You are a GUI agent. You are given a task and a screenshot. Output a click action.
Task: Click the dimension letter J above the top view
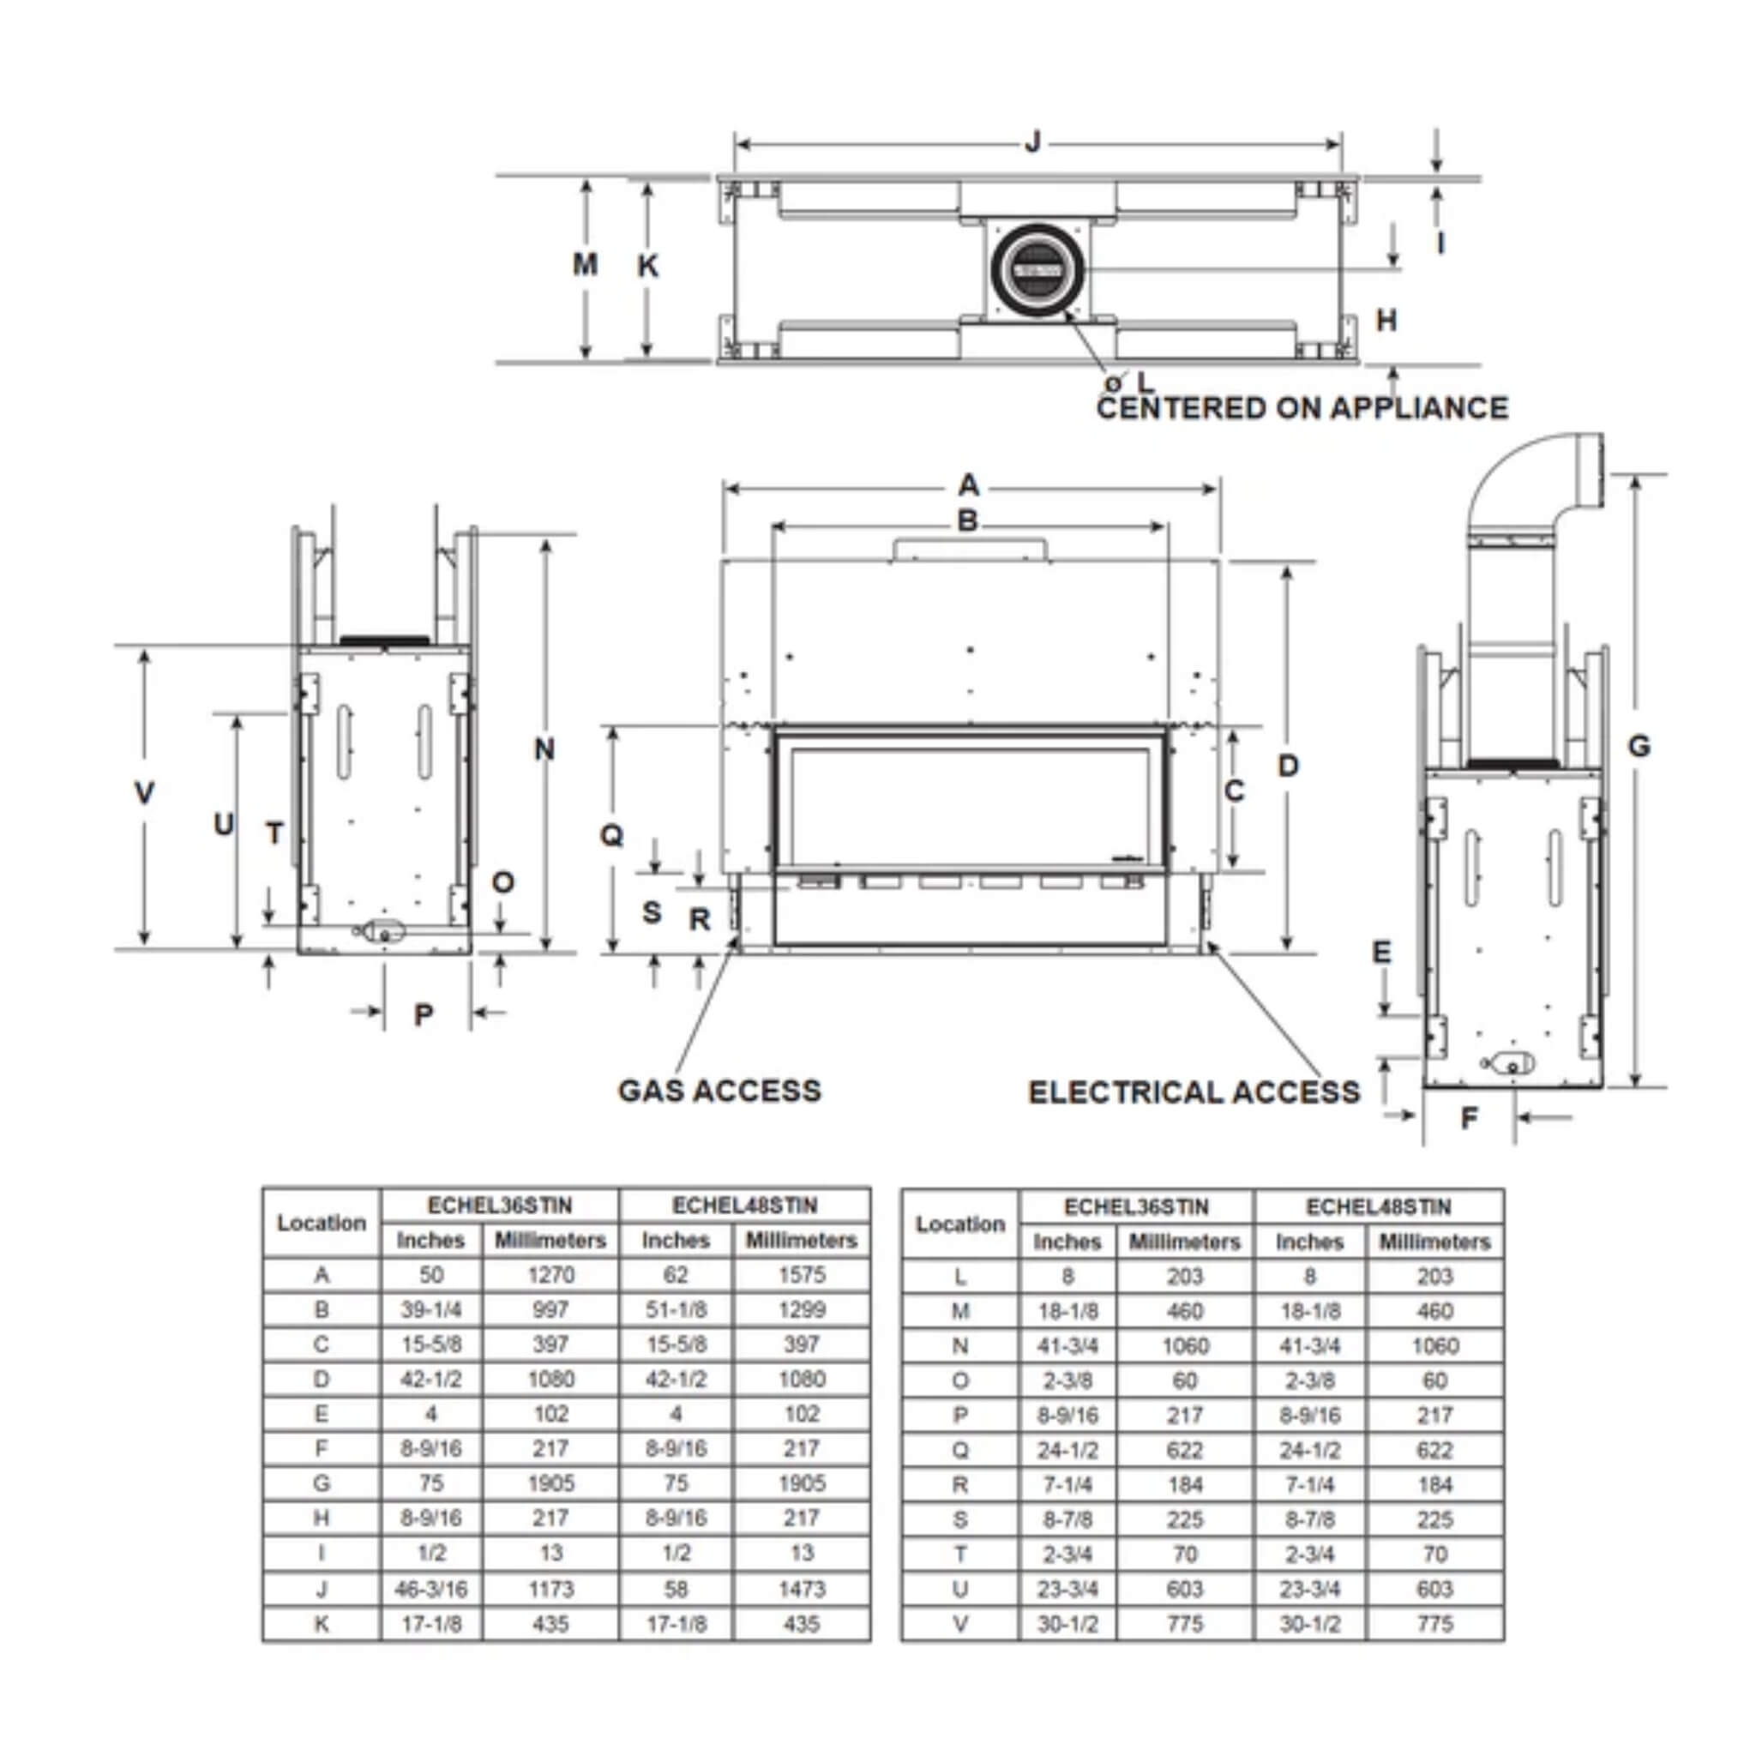[1032, 142]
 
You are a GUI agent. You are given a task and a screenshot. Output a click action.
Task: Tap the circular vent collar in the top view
[1037, 270]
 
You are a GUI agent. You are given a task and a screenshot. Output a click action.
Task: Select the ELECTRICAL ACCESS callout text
[1194, 1091]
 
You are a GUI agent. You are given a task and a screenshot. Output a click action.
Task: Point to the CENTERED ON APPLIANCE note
[1302, 407]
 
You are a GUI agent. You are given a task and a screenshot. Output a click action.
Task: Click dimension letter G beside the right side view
[1638, 746]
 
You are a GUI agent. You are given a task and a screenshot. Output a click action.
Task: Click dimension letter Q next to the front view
[611, 834]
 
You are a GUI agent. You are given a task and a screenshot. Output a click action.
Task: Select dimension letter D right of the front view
[1288, 766]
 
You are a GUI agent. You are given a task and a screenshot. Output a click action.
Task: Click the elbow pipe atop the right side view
[1536, 490]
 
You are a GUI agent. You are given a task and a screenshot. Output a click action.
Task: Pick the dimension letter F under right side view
[1469, 1119]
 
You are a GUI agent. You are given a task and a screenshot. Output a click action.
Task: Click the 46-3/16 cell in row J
[430, 1589]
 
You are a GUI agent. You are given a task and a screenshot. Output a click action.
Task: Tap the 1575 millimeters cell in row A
[801, 1275]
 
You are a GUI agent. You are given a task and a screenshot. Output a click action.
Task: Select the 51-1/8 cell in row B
[676, 1310]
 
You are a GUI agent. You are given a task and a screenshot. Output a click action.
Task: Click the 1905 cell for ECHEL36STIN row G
[550, 1483]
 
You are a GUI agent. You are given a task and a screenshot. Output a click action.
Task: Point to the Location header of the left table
[321, 1223]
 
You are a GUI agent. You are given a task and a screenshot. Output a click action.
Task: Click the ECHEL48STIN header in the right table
[1378, 1207]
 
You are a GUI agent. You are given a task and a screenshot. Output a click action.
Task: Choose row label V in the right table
[959, 1624]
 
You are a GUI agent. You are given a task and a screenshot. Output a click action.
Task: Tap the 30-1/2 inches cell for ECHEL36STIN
[1067, 1624]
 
